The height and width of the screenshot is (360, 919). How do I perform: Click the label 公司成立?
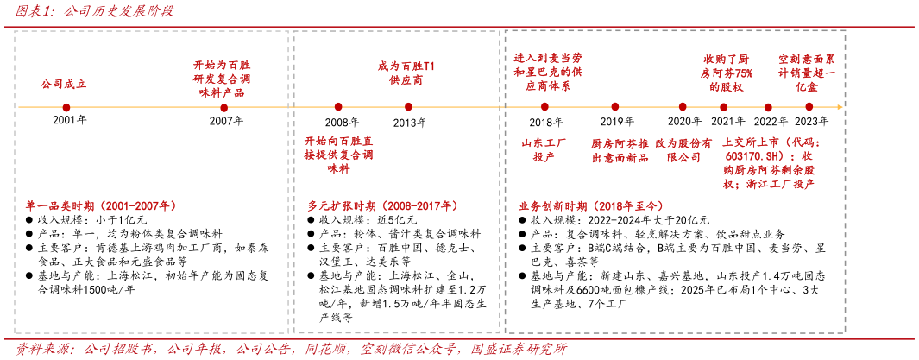(64, 85)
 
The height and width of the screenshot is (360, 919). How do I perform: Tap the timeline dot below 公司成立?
(66, 107)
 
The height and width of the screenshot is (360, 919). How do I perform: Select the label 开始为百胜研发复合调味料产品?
(223, 79)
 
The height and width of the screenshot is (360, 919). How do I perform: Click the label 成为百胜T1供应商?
(406, 73)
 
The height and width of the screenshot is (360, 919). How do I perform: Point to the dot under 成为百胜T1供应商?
(408, 107)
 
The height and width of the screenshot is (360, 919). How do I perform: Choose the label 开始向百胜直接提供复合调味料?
(338, 155)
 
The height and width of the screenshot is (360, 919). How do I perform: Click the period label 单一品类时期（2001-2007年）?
(101, 206)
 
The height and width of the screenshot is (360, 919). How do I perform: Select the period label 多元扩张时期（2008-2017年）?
(382, 206)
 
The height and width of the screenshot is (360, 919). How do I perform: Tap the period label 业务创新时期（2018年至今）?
(591, 206)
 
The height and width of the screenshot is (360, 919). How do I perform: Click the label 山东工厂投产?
(544, 149)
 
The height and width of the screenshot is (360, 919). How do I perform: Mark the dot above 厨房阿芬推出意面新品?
(615, 107)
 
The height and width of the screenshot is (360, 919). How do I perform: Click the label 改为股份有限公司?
(683, 149)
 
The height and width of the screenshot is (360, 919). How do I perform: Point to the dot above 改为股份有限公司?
(683, 107)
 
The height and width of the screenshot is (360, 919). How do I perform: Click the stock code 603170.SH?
(754, 156)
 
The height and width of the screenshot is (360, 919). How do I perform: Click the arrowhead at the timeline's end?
(839, 107)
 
